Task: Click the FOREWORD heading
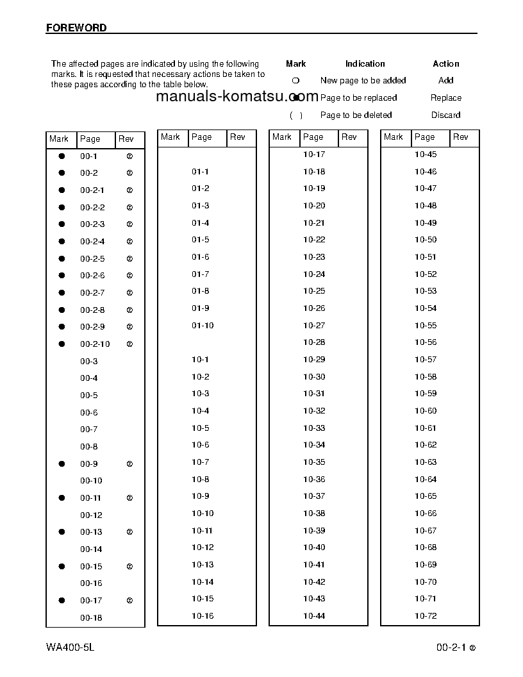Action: tap(76, 28)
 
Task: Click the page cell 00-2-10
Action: tap(95, 344)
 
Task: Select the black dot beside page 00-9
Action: tap(62, 464)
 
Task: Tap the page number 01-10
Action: tap(203, 326)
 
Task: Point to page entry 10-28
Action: tap(314, 342)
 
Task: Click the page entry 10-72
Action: tap(426, 616)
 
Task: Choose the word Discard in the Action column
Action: tap(445, 115)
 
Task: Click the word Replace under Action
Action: tap(446, 98)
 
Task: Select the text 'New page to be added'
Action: tap(363, 81)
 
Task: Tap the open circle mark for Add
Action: tap(295, 81)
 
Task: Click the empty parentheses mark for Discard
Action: tap(295, 115)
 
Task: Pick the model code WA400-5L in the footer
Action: tap(71, 648)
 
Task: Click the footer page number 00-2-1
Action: tap(451, 648)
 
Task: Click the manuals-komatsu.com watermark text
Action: tap(237, 97)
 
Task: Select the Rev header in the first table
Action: tap(126, 139)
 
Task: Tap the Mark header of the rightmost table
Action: tap(394, 137)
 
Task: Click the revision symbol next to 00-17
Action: tap(129, 601)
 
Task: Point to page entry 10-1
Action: tap(200, 360)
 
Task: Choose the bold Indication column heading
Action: tap(365, 64)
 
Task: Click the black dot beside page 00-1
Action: tap(62, 156)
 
